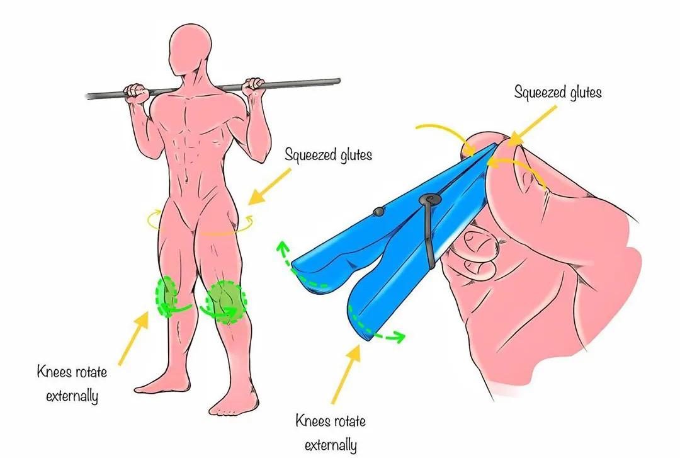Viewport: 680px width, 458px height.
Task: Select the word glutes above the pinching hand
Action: point(586,93)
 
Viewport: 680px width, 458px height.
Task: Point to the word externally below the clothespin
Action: point(331,445)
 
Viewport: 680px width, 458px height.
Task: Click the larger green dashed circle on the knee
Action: point(225,302)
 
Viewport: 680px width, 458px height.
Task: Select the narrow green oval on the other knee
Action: point(166,295)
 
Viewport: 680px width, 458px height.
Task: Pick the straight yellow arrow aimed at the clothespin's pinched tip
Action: point(532,125)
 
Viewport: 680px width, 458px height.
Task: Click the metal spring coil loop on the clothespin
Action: point(429,200)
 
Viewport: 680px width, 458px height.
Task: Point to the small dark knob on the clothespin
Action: point(378,212)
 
